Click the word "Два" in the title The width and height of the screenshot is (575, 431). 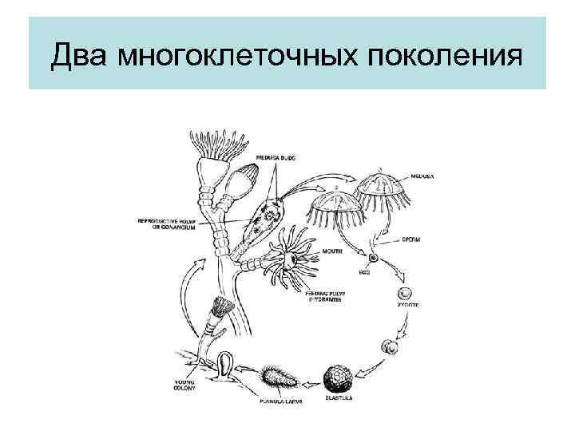(82, 58)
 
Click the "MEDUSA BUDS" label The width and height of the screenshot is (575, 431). (276, 158)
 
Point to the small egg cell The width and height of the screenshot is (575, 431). (372, 259)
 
